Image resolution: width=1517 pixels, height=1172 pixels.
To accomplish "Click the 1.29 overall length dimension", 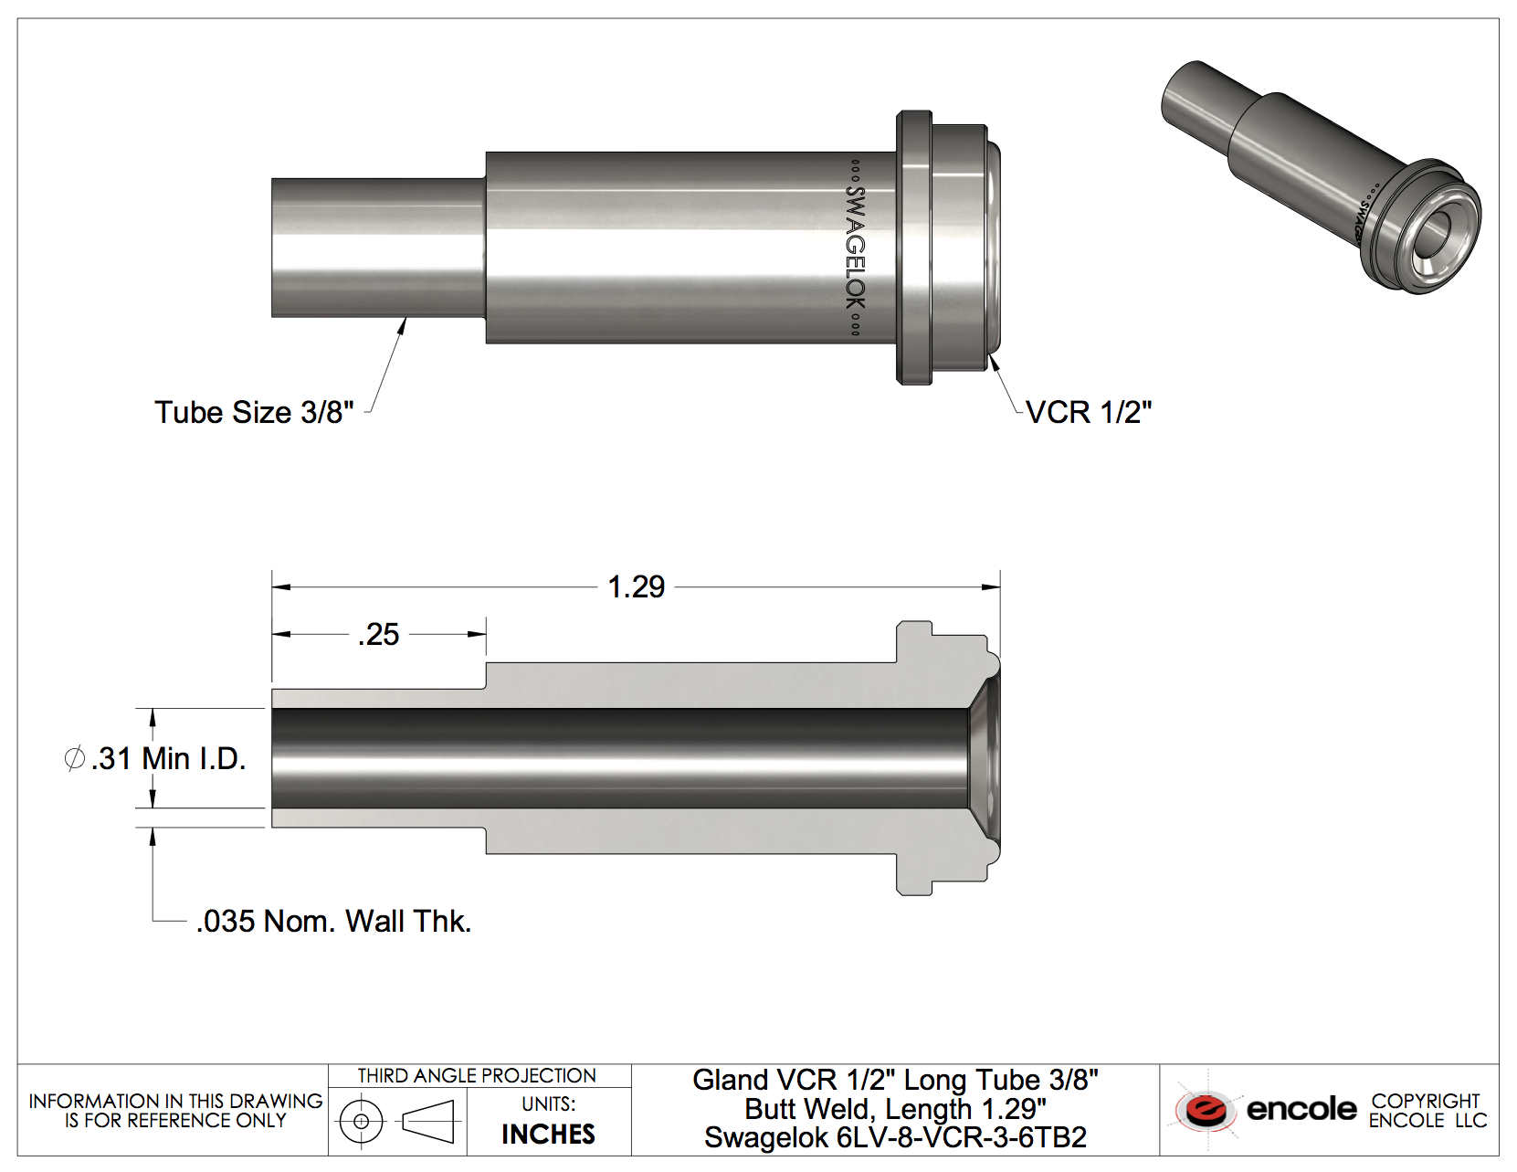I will click(637, 587).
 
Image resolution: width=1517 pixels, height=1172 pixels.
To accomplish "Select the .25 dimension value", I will click(379, 635).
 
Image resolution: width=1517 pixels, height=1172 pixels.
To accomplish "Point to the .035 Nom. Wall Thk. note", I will click(333, 922).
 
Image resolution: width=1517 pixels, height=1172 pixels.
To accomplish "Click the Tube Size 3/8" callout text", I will click(254, 413).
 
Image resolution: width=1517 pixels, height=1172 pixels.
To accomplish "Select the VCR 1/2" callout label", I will click(1089, 413).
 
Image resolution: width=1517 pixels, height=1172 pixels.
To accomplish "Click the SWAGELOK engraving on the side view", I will click(855, 248).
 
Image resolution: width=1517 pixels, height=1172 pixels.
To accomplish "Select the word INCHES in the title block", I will click(548, 1135).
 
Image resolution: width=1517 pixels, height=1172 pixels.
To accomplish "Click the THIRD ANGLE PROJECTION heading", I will click(477, 1076).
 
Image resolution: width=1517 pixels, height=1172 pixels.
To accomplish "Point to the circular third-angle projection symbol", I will click(362, 1122).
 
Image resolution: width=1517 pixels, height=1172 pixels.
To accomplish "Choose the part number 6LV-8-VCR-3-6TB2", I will click(961, 1138).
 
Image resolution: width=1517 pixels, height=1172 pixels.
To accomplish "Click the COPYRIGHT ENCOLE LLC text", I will click(1427, 1111).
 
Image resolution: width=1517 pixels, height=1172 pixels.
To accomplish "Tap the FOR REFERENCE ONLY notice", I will click(175, 1121).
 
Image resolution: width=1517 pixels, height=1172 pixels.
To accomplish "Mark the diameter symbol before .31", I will click(75, 759).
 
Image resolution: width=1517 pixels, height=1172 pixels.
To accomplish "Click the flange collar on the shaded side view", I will click(914, 248).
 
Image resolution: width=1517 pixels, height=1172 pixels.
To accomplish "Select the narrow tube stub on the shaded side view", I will click(378, 248).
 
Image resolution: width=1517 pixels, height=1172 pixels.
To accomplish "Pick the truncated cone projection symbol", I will click(428, 1122).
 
